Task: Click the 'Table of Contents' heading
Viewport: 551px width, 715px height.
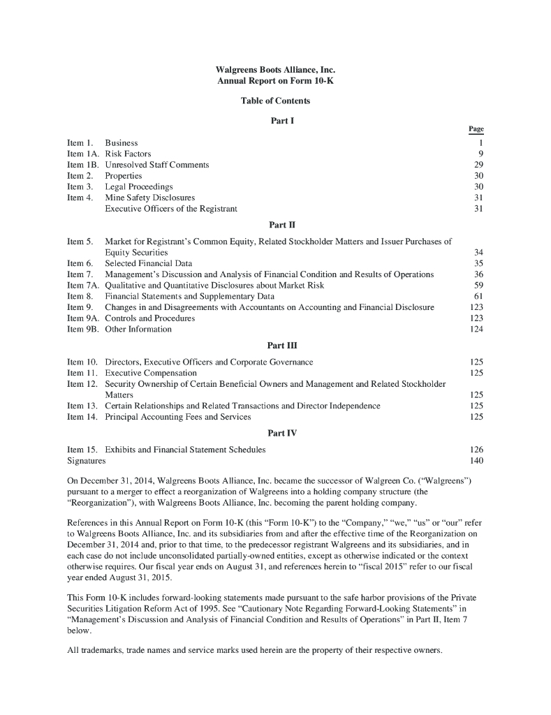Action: (x=275, y=101)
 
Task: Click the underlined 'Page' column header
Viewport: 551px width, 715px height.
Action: (x=476, y=129)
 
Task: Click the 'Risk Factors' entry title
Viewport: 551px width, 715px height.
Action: (x=128, y=154)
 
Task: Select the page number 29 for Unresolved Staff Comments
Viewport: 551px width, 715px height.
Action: (x=479, y=165)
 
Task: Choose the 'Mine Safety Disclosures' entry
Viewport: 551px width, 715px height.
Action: (x=149, y=198)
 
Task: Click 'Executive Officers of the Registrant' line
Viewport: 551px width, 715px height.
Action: (x=171, y=209)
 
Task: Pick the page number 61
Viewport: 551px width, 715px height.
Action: (x=479, y=296)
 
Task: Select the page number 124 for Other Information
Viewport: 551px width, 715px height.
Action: (x=477, y=329)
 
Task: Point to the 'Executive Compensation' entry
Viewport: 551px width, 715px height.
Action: (x=150, y=373)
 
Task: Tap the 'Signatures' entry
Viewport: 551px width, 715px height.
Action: (x=87, y=461)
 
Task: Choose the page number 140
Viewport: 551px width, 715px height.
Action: (x=477, y=461)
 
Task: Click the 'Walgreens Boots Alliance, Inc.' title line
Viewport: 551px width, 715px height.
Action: (x=275, y=71)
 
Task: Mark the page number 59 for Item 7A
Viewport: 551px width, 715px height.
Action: (x=479, y=286)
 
